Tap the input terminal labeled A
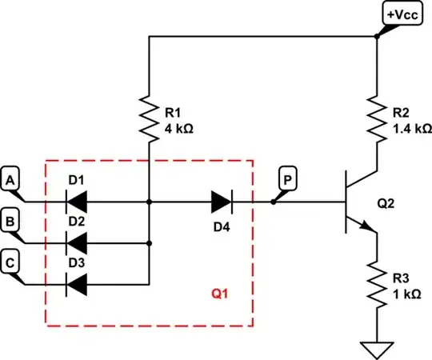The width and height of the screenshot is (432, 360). (10, 182)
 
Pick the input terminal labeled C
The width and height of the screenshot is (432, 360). (10, 262)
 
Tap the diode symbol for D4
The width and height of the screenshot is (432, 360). (222, 202)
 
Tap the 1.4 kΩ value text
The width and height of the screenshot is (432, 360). (411, 127)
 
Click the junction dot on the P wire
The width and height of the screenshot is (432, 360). (274, 202)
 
